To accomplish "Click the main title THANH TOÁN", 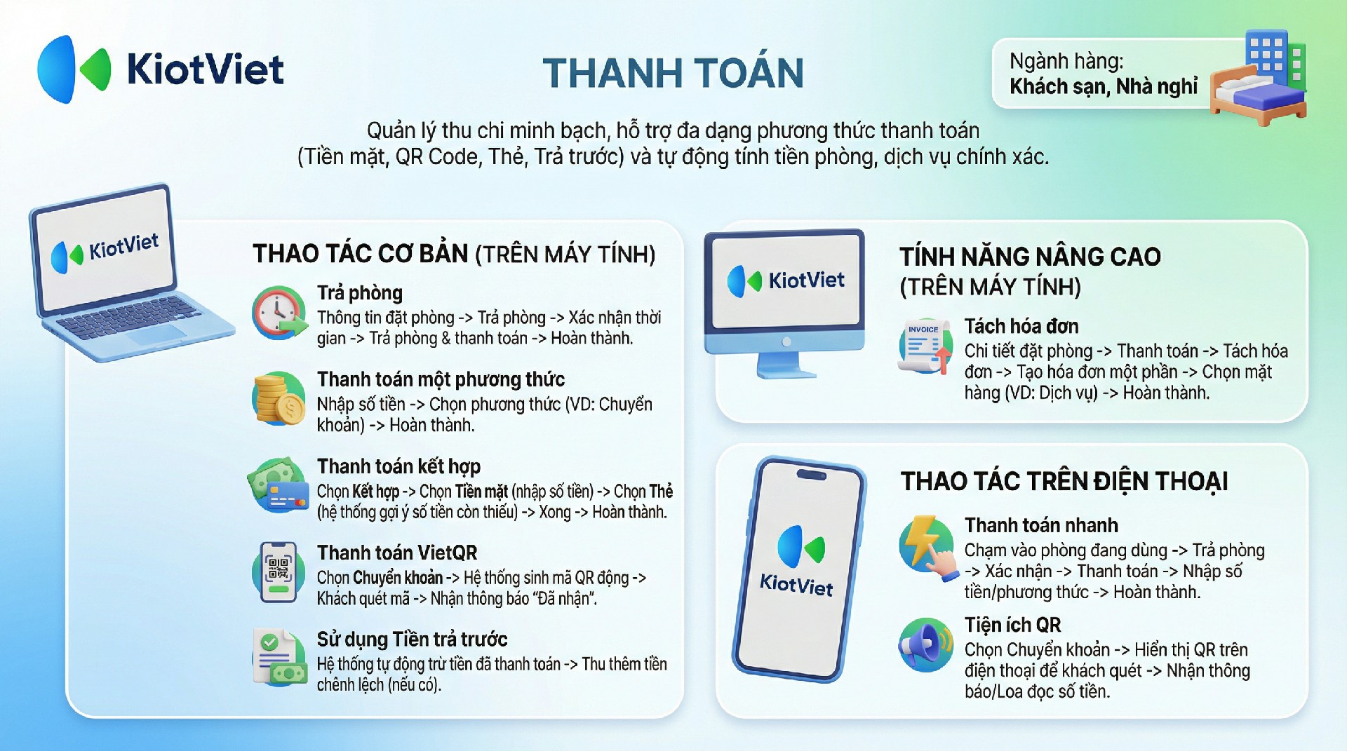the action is (x=673, y=73).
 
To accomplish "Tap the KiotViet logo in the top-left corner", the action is (x=161, y=69).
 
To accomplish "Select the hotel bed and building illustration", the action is (x=1259, y=78).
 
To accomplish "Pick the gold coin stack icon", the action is (x=279, y=398).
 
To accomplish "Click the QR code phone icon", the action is (x=279, y=571).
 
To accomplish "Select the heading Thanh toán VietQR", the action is (x=397, y=553).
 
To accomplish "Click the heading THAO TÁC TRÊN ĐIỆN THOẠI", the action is (x=1064, y=482).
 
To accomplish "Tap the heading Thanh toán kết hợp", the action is (x=398, y=466).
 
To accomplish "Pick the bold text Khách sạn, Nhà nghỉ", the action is (x=1104, y=86).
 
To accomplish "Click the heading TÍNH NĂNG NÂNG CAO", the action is (x=1030, y=257).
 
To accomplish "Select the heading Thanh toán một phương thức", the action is (x=441, y=379).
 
